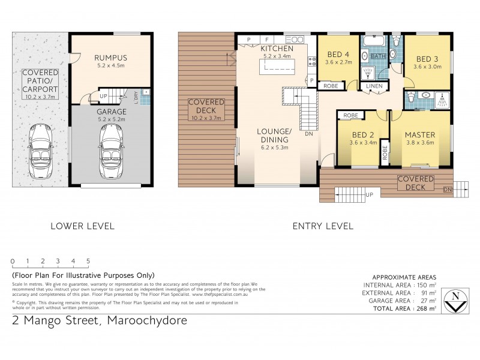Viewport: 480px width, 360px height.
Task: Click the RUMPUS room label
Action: tap(111, 58)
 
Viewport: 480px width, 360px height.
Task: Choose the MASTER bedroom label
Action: tap(419, 134)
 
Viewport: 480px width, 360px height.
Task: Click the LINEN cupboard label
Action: tap(373, 86)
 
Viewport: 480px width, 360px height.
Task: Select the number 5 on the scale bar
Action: tap(88, 261)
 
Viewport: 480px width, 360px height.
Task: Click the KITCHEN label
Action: tap(277, 48)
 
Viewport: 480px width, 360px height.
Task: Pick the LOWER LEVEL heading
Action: tap(82, 226)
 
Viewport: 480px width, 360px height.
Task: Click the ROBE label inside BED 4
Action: tap(331, 86)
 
